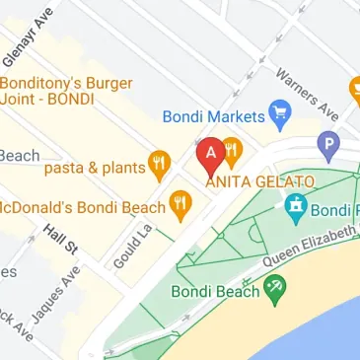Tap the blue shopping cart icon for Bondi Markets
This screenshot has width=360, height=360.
(x=279, y=115)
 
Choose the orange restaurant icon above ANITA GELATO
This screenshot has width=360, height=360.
(x=233, y=148)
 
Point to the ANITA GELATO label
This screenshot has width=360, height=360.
(x=259, y=181)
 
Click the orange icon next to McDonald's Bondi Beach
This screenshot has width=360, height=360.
(x=180, y=205)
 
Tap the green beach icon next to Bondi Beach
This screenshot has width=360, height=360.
(x=276, y=289)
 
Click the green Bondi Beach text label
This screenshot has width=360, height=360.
(x=214, y=291)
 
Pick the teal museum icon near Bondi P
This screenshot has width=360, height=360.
(x=294, y=207)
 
